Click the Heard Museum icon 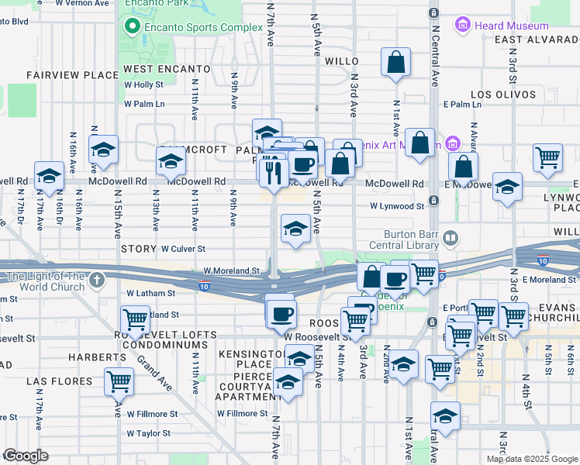click(463, 26)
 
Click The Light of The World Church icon click(96, 279)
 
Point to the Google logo click(26, 456)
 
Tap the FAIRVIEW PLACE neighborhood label click(60, 75)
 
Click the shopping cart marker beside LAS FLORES click(119, 381)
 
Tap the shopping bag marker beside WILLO click(395, 64)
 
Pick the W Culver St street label click(183, 250)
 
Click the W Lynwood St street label click(397, 206)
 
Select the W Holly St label click(144, 84)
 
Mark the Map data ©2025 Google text click(532, 459)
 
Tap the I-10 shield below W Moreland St click(203, 286)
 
